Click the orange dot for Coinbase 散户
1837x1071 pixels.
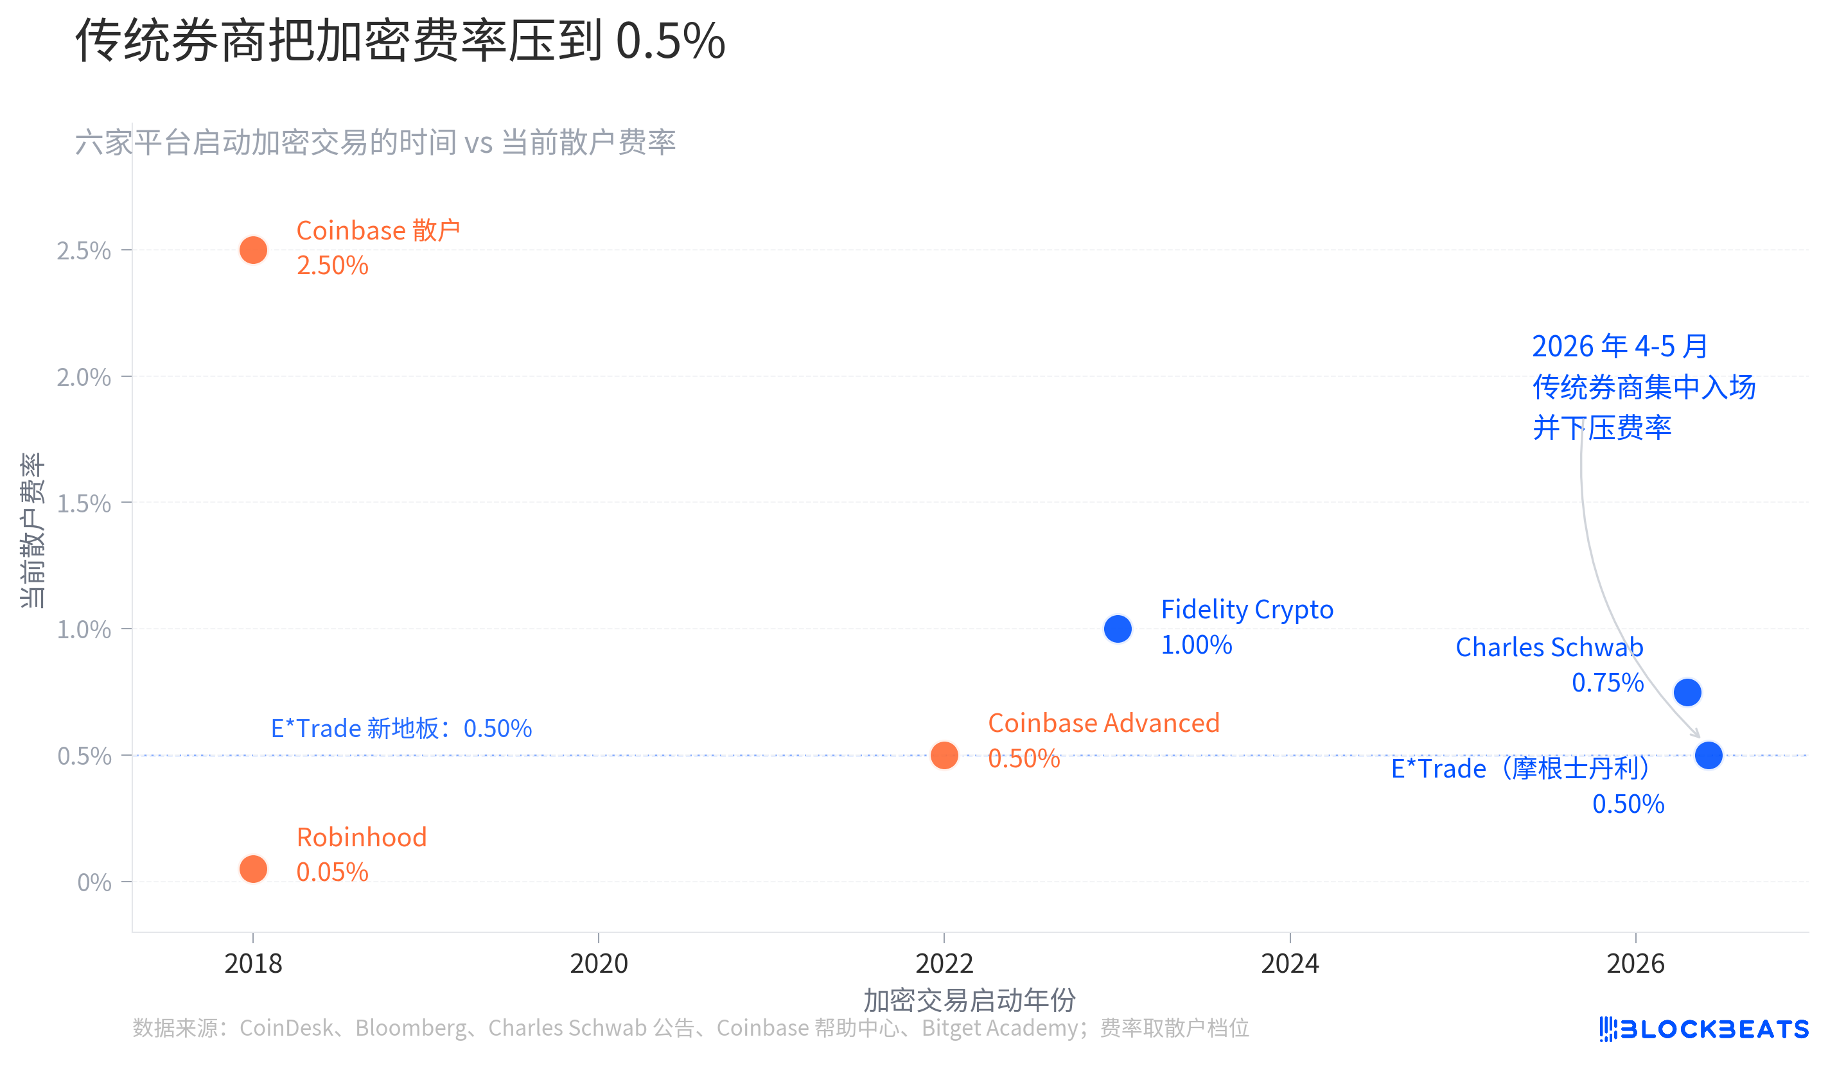(x=253, y=250)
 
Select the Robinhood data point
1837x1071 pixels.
(x=253, y=869)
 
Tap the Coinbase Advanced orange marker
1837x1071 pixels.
(x=944, y=756)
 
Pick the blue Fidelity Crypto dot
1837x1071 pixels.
(x=1118, y=629)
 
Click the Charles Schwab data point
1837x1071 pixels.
(x=1687, y=692)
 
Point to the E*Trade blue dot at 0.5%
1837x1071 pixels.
(x=1709, y=756)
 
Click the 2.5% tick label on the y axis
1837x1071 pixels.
(x=84, y=250)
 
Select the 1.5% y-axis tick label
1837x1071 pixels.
(x=84, y=503)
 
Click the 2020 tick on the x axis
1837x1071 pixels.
(x=599, y=964)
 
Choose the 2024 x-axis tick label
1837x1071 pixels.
(x=1290, y=964)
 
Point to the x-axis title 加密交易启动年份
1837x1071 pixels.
(x=969, y=1000)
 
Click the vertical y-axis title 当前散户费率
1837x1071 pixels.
(x=33, y=530)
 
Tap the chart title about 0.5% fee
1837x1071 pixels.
(x=400, y=41)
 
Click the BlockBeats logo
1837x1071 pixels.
(x=1703, y=1029)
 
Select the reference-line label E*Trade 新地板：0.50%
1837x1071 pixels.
(x=401, y=728)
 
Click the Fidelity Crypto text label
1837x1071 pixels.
(x=1247, y=610)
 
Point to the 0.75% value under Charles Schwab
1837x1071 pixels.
(x=1607, y=683)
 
